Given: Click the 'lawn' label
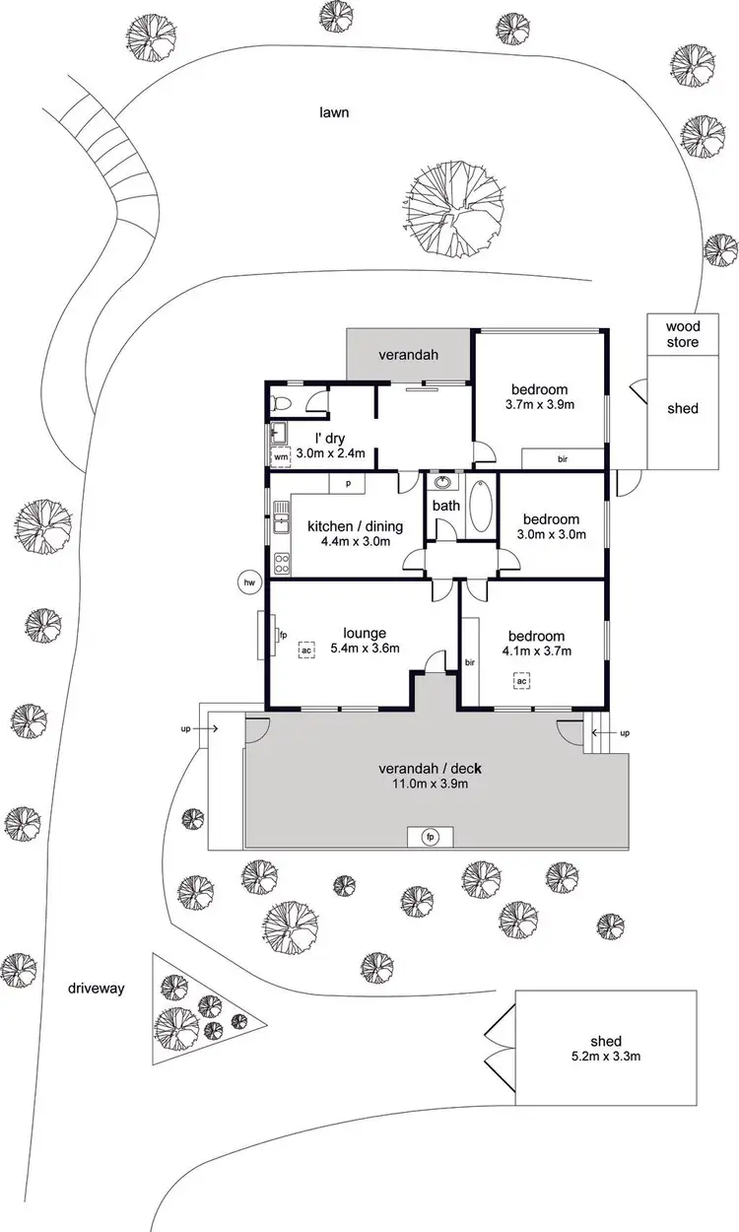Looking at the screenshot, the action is click(334, 112).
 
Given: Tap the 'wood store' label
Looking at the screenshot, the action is click(682, 334).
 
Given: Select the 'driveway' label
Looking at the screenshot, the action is click(97, 988).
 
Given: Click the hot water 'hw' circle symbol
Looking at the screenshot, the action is click(249, 582).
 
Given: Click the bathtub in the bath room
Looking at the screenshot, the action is click(482, 507).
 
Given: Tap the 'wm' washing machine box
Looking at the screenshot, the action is click(280, 456).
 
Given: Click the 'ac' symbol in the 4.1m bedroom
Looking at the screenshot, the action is click(522, 680).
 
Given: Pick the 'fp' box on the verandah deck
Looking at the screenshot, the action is click(430, 837).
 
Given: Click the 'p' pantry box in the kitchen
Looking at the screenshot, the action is click(348, 483).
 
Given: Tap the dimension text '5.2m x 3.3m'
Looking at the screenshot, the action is click(606, 1058).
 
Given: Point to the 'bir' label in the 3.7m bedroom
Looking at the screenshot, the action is click(562, 458).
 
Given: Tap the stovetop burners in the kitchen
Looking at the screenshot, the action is click(281, 564).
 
